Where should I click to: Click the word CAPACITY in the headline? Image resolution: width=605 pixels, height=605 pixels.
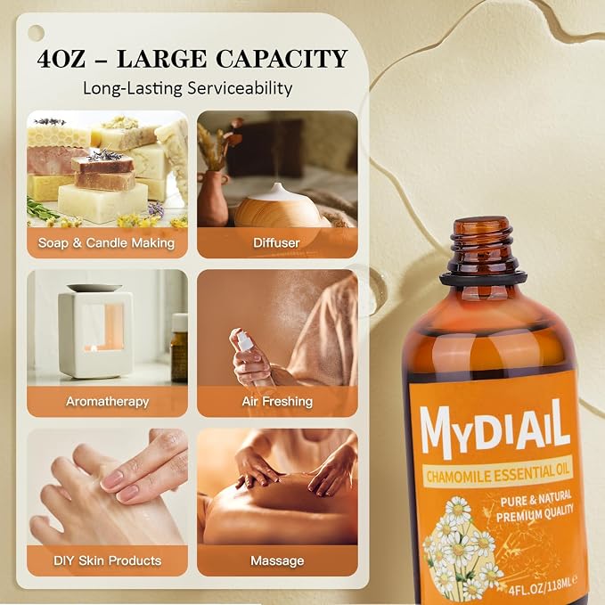[x=282, y=59]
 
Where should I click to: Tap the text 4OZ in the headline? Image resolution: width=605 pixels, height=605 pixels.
[x=61, y=59]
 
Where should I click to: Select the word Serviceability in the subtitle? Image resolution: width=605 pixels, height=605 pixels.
[x=240, y=88]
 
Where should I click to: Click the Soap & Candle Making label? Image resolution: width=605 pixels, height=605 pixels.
[x=107, y=242]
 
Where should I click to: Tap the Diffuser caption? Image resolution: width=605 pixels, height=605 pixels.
[x=276, y=242]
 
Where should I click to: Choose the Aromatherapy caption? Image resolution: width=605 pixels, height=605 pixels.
[x=107, y=402]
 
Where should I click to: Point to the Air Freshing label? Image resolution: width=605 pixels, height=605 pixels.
[x=277, y=402]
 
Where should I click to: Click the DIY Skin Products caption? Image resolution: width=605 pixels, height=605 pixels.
[x=107, y=560]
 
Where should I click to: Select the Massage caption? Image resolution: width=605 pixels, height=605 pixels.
[x=277, y=560]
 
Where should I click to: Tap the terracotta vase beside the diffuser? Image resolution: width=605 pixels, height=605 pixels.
[x=213, y=199]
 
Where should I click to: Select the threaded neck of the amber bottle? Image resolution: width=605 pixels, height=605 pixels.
[x=483, y=246]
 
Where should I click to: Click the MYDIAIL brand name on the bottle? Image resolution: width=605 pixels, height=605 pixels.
[x=495, y=429]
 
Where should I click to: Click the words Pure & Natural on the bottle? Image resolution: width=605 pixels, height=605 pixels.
[x=536, y=499]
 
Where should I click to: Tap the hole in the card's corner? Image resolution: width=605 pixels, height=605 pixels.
[x=36, y=33]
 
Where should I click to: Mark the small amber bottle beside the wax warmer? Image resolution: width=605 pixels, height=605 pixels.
[x=179, y=348]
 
